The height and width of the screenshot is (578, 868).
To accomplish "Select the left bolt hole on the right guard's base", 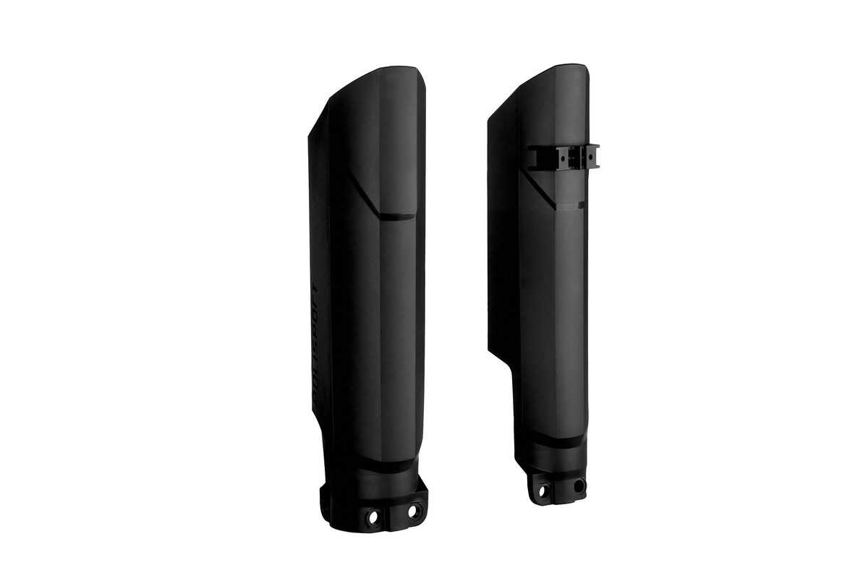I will coord(544,491).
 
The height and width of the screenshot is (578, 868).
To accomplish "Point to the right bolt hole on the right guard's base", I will coord(578,486).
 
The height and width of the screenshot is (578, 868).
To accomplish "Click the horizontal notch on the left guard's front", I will coord(397,216).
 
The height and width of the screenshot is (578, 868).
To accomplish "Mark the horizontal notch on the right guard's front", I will coord(570,205).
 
